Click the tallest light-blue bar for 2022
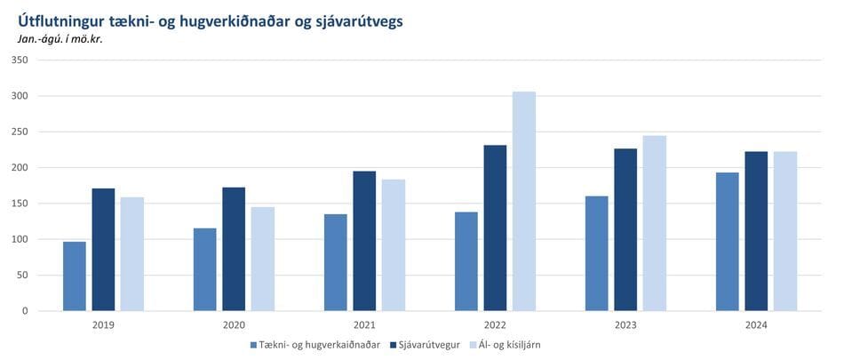tap(524, 201)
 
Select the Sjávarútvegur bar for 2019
tap(103, 250)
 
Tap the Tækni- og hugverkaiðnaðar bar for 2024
tap(728, 242)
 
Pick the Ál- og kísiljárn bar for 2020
tap(263, 260)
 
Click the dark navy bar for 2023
tap(625, 229)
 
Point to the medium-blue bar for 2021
tap(335, 262)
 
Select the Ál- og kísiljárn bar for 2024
tap(785, 231)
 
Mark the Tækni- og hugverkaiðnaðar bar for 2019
tap(75, 276)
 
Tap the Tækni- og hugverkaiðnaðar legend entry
tap(315, 344)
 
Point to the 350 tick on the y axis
tap(20, 60)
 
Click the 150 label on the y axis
tap(20, 204)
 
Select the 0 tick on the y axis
tap(25, 311)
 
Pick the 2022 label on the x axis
tap(495, 325)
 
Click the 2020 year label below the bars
tap(235, 325)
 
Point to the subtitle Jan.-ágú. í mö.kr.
tap(60, 39)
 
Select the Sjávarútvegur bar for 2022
tap(495, 228)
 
